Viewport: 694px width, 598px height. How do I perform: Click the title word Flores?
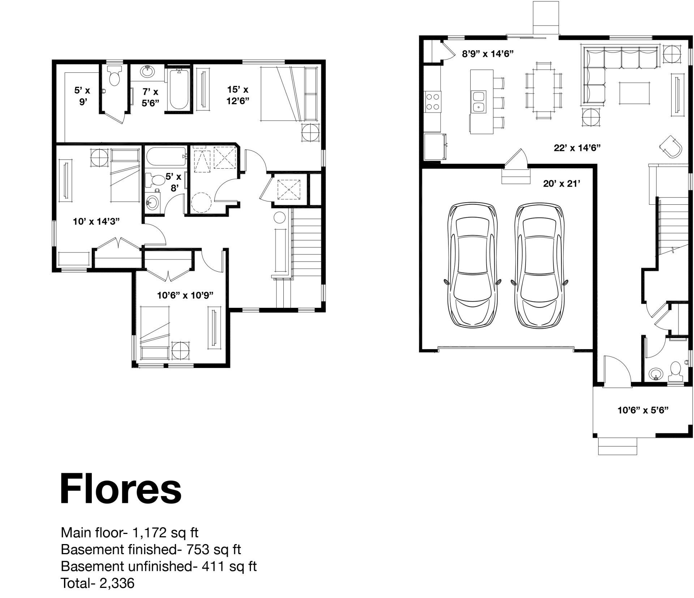click(121, 489)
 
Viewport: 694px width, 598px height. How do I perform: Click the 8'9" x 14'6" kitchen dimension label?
click(488, 54)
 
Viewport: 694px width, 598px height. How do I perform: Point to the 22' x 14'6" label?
click(577, 148)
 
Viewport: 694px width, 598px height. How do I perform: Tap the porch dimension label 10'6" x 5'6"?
click(643, 410)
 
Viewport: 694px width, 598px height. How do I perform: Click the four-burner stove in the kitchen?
click(433, 101)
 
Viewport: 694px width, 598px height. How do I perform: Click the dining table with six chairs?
click(544, 90)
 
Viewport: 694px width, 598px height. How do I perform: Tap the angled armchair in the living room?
click(671, 146)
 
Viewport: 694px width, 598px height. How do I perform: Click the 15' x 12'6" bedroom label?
click(238, 95)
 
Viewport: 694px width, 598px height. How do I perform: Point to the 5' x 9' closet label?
click(83, 96)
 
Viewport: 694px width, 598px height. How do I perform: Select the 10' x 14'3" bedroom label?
click(96, 221)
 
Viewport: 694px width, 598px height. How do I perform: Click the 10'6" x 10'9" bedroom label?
click(185, 295)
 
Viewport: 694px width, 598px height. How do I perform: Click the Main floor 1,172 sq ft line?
click(130, 533)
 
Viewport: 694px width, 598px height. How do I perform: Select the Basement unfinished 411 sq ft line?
click(159, 566)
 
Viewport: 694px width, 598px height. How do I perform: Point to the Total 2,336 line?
click(98, 583)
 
